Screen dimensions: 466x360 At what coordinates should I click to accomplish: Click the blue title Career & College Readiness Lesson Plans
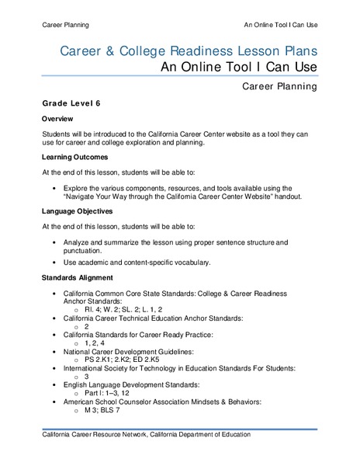[188, 51]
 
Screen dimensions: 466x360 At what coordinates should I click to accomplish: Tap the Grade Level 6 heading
[71, 103]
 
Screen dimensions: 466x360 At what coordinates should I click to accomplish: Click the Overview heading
[57, 119]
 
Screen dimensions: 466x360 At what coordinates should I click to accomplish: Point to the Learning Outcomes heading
[76, 157]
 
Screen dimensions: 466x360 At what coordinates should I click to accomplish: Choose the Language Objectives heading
[78, 210]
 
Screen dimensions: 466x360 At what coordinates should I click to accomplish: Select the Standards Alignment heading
[78, 277]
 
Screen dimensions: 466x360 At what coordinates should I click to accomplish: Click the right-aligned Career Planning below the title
[279, 87]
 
